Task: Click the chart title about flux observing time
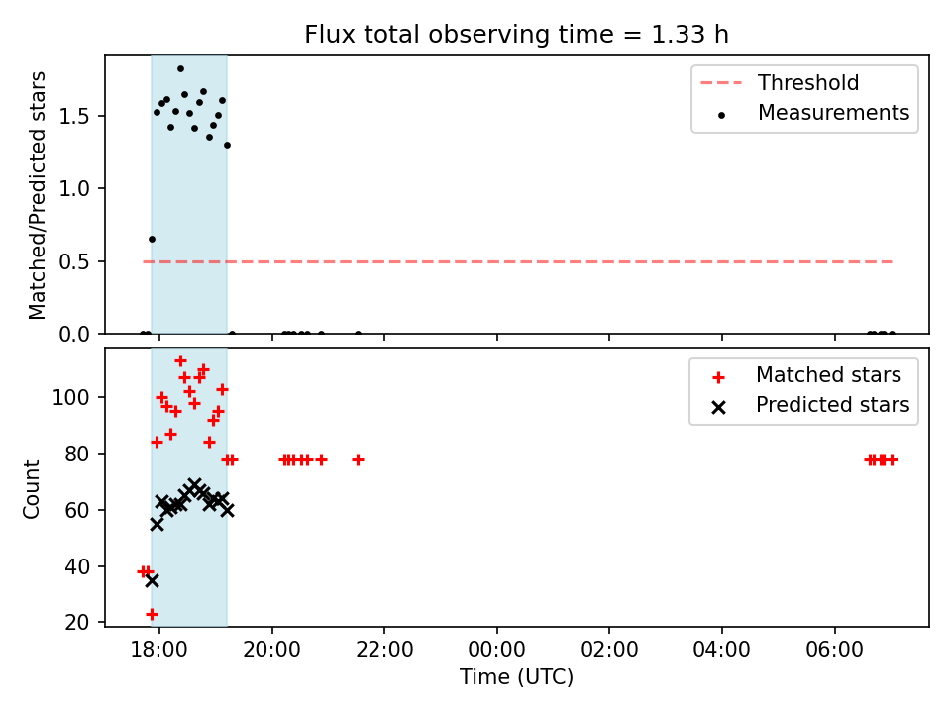[516, 35]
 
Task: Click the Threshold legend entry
[780, 82]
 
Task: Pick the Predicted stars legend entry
[809, 405]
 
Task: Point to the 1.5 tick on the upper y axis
[75, 117]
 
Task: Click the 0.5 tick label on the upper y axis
[75, 261]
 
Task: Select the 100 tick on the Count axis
[71, 398]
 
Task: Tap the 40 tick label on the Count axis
[77, 566]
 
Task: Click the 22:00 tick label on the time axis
[384, 650]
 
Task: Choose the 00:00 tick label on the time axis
[496, 650]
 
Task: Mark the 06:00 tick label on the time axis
[834, 650]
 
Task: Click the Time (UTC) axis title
[516, 677]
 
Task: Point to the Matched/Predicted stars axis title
[37, 195]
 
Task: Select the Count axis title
[31, 489]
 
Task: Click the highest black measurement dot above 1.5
[180, 69]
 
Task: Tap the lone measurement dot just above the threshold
[152, 240]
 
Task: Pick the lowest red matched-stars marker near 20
[152, 614]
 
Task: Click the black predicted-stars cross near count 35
[152, 581]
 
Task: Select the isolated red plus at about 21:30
[358, 460]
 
